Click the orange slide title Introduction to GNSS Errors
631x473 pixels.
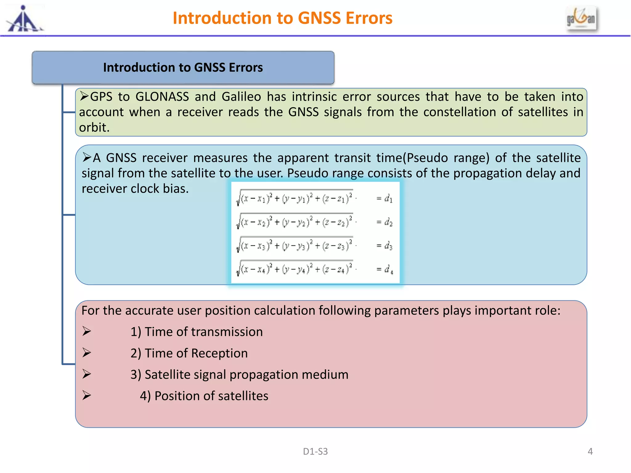pos(282,18)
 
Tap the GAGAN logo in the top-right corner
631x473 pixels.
pos(581,19)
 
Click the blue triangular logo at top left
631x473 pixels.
pos(24,20)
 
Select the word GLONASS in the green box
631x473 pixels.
pos(162,97)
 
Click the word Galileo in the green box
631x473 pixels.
pos(241,97)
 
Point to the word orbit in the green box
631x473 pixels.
pos(94,127)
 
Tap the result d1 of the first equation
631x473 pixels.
pos(388,199)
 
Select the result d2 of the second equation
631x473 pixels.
pos(388,222)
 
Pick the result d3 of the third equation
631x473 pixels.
pos(388,246)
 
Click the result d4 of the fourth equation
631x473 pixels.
pos(389,269)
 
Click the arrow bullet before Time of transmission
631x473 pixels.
pos(87,331)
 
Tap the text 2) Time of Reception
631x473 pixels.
pos(189,353)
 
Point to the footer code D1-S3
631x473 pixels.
pos(315,451)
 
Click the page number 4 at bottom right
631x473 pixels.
pos(590,451)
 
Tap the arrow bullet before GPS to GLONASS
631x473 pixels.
pos(84,96)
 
